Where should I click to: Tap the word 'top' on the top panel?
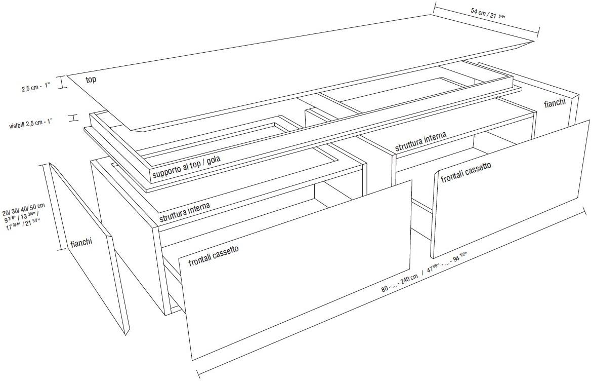click(x=91, y=80)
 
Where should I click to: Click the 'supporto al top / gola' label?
click(x=186, y=166)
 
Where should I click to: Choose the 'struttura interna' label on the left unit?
click(x=185, y=212)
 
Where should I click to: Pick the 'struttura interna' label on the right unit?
click(x=420, y=141)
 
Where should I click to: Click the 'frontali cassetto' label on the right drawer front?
click(x=466, y=173)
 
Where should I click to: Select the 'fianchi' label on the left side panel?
click(x=81, y=243)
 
